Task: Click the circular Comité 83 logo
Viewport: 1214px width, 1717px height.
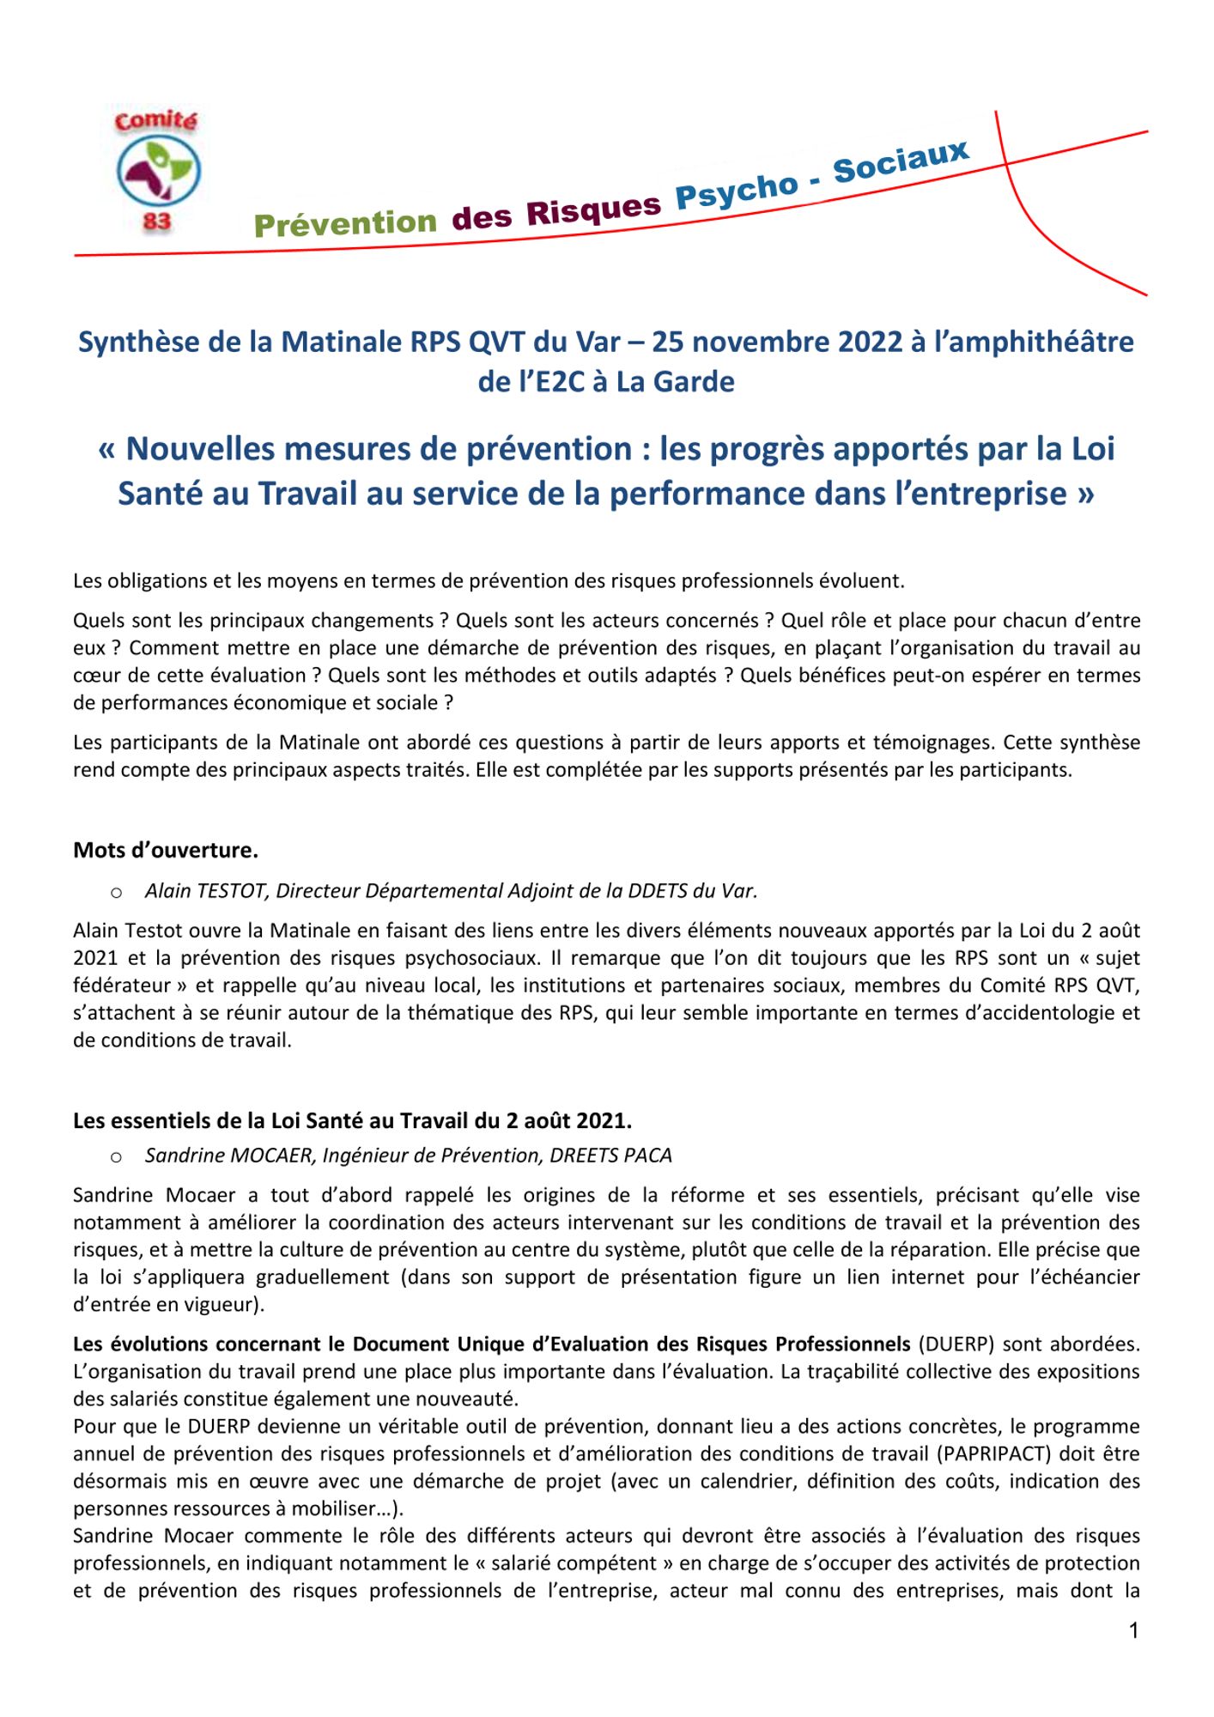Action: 158,171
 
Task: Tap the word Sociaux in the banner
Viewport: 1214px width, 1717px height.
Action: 901,161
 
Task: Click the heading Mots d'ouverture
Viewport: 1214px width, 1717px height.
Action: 166,850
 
